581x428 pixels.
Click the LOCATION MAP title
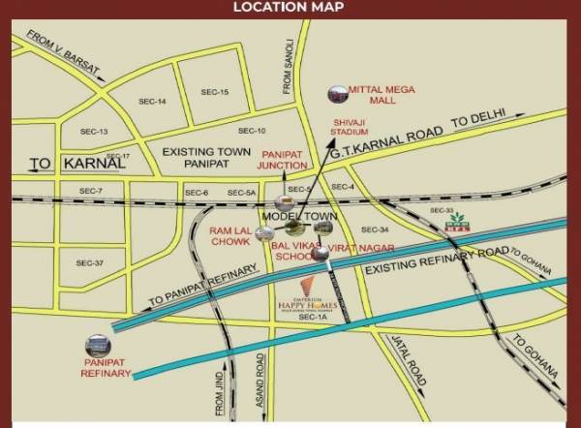(x=290, y=9)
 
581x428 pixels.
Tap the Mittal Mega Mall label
(x=382, y=96)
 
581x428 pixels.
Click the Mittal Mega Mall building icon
(x=337, y=94)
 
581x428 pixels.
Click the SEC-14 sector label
(x=153, y=101)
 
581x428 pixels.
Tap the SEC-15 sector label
(x=214, y=92)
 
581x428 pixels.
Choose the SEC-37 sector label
(x=89, y=262)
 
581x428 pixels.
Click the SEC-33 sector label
(x=442, y=210)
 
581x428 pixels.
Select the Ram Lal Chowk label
(x=230, y=238)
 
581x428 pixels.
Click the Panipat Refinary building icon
(x=98, y=345)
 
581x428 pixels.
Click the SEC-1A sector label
(x=309, y=317)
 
